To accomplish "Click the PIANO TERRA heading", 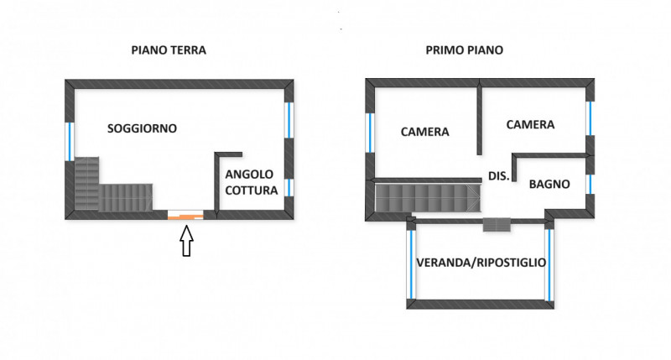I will (x=169, y=50).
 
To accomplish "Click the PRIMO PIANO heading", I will (x=464, y=50).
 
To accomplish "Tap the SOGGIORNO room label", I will (x=142, y=128).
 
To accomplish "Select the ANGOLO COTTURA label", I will (x=251, y=182).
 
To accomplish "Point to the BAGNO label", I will (x=549, y=184).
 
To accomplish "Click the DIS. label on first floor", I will (x=498, y=175).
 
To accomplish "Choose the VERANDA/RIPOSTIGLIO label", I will (x=481, y=263).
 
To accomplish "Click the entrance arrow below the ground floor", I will (x=186, y=243).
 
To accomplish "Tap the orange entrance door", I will (x=185, y=217).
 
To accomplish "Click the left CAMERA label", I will (x=424, y=132).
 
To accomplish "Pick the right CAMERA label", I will (x=530, y=124).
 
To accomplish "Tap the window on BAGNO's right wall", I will (x=590, y=184).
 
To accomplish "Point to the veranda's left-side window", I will (x=410, y=263).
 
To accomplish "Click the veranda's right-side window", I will (x=550, y=263).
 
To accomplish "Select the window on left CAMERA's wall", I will (x=370, y=133).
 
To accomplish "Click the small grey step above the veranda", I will (x=497, y=223).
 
